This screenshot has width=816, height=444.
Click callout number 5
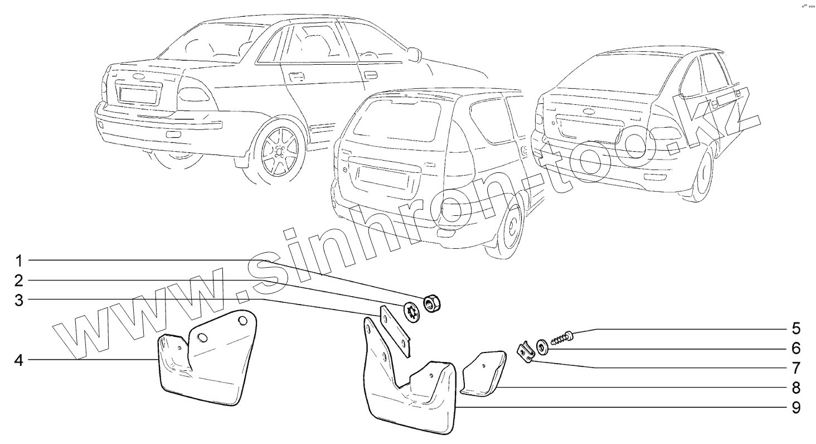796,327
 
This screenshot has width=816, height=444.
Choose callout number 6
796,348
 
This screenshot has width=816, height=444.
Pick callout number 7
796,368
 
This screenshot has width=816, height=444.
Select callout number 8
796,387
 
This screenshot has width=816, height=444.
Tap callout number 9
796,407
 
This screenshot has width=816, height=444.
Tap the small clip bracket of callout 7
525,353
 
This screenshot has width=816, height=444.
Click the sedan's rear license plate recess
138,92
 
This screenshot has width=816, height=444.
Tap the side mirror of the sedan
413,54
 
